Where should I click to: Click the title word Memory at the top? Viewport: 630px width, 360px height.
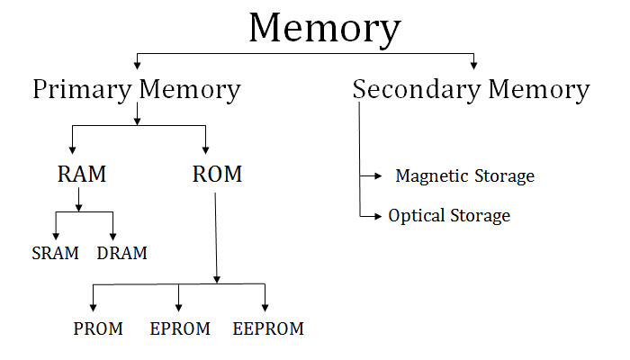[324, 29]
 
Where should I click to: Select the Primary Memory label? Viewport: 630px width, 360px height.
[137, 89]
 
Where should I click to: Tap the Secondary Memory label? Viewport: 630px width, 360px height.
[471, 89]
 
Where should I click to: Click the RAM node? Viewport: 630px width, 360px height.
[82, 174]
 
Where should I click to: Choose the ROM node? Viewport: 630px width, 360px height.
[217, 174]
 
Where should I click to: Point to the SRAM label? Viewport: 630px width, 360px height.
[56, 254]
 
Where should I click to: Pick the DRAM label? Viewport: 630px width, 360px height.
[121, 254]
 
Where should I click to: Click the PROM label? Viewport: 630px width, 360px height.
[98, 328]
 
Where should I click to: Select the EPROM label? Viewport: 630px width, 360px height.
[180, 328]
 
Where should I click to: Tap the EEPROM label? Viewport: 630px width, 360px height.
[268, 328]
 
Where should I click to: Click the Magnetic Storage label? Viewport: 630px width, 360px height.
[464, 175]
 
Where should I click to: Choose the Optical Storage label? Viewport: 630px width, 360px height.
[449, 216]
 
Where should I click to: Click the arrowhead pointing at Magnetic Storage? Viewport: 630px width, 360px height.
[377, 176]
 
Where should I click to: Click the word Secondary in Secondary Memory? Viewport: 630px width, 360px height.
[417, 89]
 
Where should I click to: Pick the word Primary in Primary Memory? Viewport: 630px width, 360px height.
[83, 89]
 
